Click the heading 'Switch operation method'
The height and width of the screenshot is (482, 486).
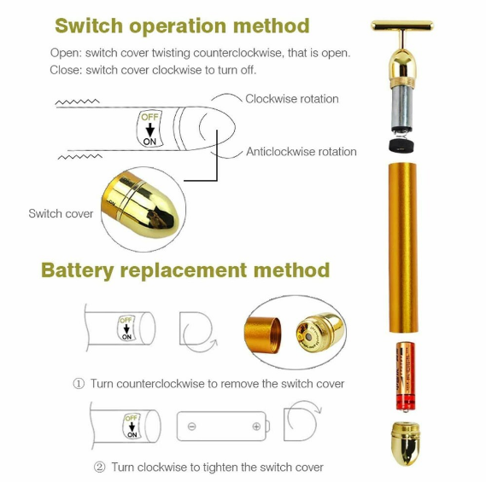point(182,26)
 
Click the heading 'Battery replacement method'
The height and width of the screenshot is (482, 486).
point(185,270)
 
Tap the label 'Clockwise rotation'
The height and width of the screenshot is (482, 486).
point(292,99)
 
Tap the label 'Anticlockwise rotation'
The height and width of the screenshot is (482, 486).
point(302,152)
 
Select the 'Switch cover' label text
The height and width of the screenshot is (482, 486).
point(61,213)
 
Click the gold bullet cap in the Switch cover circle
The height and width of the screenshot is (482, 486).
point(140,205)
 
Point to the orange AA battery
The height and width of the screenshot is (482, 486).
point(405,377)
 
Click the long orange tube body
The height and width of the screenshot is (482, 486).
point(403,247)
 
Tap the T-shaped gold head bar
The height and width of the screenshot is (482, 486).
point(402,26)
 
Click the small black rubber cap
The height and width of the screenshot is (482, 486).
point(401,145)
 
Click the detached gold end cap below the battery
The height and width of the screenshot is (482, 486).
point(406,443)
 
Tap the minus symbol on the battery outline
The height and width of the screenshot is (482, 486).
point(192,427)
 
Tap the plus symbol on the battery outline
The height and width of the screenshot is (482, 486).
point(256,427)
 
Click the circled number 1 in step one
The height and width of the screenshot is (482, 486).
point(79,384)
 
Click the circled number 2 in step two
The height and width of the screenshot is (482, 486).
point(99,467)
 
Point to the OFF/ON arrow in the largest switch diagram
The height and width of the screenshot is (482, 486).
point(150,130)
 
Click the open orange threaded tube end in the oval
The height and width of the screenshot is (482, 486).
point(263,334)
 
